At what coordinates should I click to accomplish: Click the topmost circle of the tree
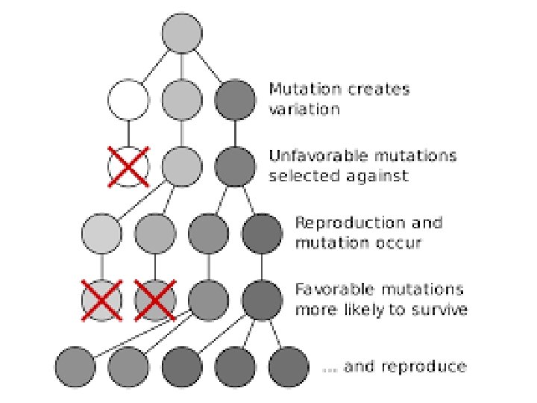(182, 33)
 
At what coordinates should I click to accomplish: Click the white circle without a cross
(128, 99)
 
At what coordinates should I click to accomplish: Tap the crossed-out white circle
(128, 165)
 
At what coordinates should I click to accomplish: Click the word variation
(304, 109)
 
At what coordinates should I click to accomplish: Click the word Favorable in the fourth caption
(329, 289)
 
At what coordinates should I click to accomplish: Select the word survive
(442, 308)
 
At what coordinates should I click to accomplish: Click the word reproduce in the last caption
(428, 366)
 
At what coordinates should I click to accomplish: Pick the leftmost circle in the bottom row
(75, 366)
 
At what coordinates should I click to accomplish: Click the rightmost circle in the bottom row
(289, 366)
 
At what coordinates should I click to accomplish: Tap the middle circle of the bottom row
(182, 366)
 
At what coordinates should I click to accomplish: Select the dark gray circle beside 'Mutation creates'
(235, 99)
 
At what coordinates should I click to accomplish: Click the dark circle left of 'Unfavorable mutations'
(235, 165)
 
